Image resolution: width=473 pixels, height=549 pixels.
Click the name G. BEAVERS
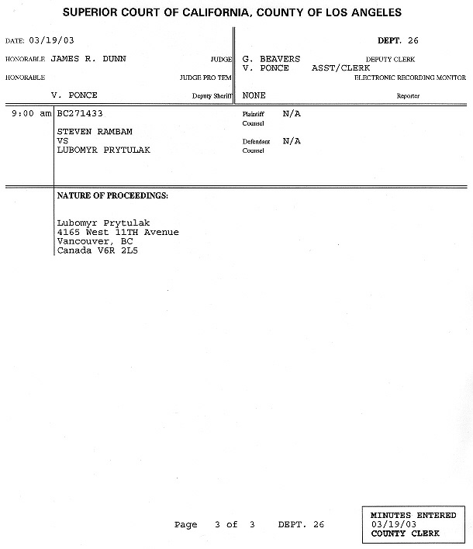(x=271, y=59)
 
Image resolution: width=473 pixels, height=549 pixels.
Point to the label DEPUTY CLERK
(x=389, y=59)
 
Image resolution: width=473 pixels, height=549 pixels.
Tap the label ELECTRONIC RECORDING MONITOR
(x=409, y=78)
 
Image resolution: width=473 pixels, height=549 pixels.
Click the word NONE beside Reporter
(x=254, y=95)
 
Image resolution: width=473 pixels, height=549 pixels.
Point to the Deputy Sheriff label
(x=212, y=96)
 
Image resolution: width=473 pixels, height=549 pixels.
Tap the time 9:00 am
(x=31, y=113)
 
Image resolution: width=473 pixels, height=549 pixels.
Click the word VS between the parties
(x=64, y=140)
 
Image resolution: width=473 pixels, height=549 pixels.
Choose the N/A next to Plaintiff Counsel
(x=292, y=113)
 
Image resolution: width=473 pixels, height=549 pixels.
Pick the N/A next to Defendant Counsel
(x=292, y=141)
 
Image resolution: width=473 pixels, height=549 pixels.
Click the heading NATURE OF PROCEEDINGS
(x=112, y=195)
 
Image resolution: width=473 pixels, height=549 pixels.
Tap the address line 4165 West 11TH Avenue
(x=118, y=232)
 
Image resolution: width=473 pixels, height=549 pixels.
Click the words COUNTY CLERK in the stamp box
(x=405, y=533)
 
